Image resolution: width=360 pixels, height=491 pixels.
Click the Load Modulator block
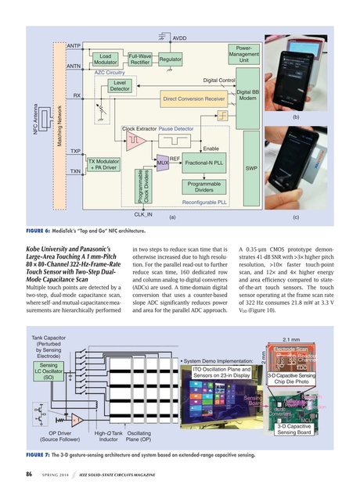point(108,60)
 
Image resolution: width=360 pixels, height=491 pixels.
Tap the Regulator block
point(171,59)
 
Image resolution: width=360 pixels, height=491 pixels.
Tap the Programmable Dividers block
point(204,186)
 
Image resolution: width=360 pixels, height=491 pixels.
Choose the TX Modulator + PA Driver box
point(103,163)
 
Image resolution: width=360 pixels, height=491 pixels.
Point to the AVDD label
point(179,38)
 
